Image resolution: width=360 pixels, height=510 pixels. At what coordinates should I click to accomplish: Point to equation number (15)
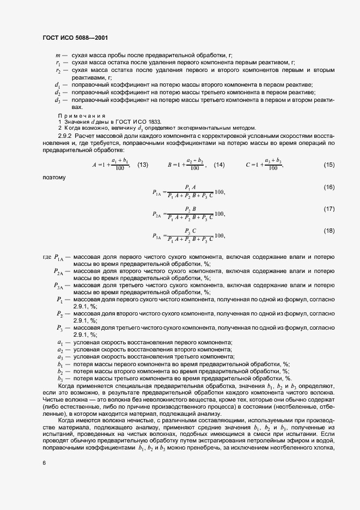pos(328,165)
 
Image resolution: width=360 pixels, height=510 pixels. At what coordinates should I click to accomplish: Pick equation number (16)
pos(328,187)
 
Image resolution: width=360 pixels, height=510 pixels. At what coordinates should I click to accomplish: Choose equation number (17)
pos(328,209)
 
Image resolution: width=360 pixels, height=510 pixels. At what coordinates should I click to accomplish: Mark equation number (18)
pos(328,231)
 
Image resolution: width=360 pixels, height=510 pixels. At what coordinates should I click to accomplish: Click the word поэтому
pos(53,177)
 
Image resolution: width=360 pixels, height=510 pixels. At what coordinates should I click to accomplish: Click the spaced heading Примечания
pos(81,116)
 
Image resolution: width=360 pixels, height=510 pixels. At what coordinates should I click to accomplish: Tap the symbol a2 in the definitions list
pos(59,349)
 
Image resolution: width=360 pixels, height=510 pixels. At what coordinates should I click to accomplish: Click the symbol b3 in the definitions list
pos(59,379)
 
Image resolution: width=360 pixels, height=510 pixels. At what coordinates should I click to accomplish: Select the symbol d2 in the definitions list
pos(58,93)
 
